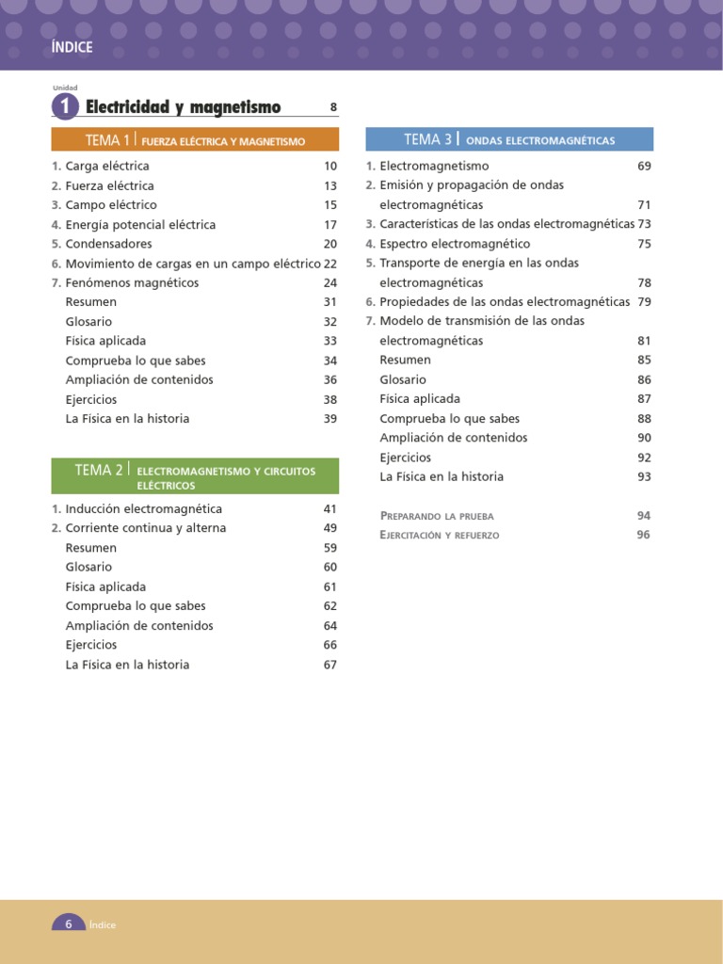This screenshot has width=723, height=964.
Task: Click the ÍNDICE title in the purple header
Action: pyautogui.click(x=72, y=48)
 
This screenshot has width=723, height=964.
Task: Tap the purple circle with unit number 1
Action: pyautogui.click(x=65, y=107)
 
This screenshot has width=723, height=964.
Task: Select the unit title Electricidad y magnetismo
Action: pyautogui.click(x=183, y=107)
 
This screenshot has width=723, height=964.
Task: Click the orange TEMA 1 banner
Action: pyautogui.click(x=195, y=140)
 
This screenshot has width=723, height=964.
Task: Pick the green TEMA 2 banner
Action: pyautogui.click(x=195, y=476)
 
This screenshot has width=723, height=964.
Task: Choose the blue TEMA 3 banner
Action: pyautogui.click(x=509, y=139)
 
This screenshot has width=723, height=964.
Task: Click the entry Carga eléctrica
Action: pyautogui.click(x=107, y=166)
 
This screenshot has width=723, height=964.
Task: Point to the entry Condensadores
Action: pyautogui.click(x=108, y=244)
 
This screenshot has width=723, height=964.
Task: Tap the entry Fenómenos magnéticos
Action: pyautogui.click(x=132, y=282)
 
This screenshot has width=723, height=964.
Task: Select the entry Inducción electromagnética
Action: pyautogui.click(x=143, y=508)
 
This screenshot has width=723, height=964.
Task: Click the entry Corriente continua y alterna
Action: pyautogui.click(x=145, y=528)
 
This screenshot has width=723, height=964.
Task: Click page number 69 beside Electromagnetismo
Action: pyautogui.click(x=644, y=166)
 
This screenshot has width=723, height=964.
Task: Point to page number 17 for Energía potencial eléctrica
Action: pyautogui.click(x=330, y=225)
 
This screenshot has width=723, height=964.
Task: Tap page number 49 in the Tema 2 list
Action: pyautogui.click(x=330, y=528)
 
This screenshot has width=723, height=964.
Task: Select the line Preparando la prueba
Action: pyautogui.click(x=437, y=516)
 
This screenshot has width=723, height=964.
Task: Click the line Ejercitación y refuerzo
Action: pyautogui.click(x=440, y=535)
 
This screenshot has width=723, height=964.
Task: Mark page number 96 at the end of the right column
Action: pyautogui.click(x=644, y=535)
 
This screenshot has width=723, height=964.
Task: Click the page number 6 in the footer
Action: pyautogui.click(x=68, y=924)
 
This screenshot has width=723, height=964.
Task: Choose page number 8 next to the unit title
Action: pyautogui.click(x=333, y=107)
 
